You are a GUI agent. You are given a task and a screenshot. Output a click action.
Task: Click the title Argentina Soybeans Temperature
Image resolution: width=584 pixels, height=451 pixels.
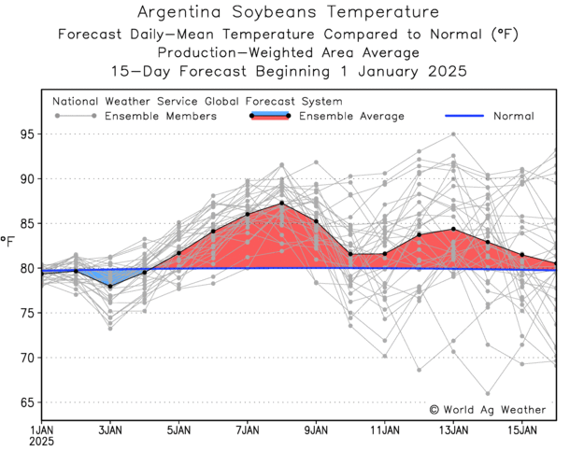pyautogui.click(x=287, y=13)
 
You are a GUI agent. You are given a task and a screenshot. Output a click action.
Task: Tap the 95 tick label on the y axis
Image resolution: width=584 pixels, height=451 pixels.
pyautogui.click(x=28, y=134)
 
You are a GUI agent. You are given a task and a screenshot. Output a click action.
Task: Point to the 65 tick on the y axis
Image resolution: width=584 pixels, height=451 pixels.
pyautogui.click(x=28, y=402)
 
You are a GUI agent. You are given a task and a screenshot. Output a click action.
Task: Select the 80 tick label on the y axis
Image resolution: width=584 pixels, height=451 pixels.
pyautogui.click(x=28, y=269)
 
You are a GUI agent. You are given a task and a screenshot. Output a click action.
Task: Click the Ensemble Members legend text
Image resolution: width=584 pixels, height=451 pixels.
pyautogui.click(x=160, y=117)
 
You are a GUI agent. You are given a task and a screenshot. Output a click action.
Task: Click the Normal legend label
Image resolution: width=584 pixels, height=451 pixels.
pyautogui.click(x=513, y=117)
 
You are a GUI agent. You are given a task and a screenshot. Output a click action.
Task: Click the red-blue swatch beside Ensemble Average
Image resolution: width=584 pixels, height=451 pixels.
pyautogui.click(x=270, y=117)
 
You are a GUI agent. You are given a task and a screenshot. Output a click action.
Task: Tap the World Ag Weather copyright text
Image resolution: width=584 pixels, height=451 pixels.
pyautogui.click(x=487, y=409)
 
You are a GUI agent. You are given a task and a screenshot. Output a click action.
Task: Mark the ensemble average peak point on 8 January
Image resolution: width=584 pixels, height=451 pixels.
pyautogui.click(x=282, y=203)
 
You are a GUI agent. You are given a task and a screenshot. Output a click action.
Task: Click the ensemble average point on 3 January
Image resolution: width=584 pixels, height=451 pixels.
pyautogui.click(x=110, y=286)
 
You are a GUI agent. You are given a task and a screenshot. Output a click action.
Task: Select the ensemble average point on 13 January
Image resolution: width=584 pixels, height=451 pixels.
pyautogui.click(x=453, y=229)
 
